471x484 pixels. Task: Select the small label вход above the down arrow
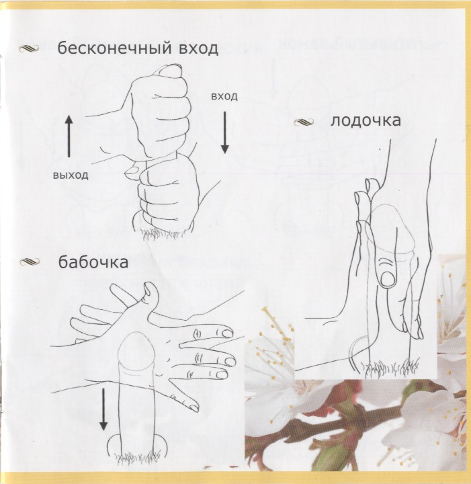click(224, 96)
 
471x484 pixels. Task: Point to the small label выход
click(71, 175)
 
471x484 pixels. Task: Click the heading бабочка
click(93, 262)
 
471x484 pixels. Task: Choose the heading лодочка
click(366, 120)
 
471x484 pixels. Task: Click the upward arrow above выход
click(69, 136)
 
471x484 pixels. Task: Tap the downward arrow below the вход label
click(225, 132)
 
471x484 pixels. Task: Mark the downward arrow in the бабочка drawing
click(103, 409)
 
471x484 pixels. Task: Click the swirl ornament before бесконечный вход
click(29, 48)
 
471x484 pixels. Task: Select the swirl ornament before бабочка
click(30, 262)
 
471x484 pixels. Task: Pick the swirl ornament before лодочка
click(304, 122)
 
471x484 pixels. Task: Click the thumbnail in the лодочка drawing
click(388, 278)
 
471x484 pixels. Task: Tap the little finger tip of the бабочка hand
click(194, 407)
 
